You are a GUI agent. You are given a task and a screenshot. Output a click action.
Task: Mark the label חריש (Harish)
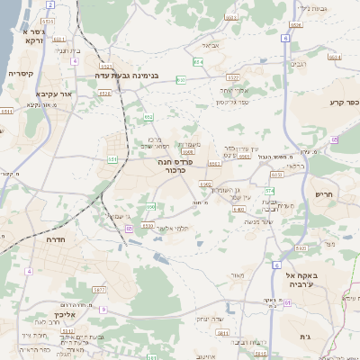click(x=324, y=194)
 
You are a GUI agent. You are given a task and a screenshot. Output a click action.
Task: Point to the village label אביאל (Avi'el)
click(x=211, y=44)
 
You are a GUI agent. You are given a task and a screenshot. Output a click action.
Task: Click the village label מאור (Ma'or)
click(x=238, y=275)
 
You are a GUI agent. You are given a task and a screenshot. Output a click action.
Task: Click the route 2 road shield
click(x=50, y=4)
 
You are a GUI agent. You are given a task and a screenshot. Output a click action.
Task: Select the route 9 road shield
click(x=103, y=309)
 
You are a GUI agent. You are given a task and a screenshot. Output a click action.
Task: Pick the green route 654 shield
click(x=198, y=62)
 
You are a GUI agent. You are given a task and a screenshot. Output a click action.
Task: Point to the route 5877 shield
click(x=99, y=290)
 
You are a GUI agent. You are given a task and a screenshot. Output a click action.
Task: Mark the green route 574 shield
click(x=269, y=191)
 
